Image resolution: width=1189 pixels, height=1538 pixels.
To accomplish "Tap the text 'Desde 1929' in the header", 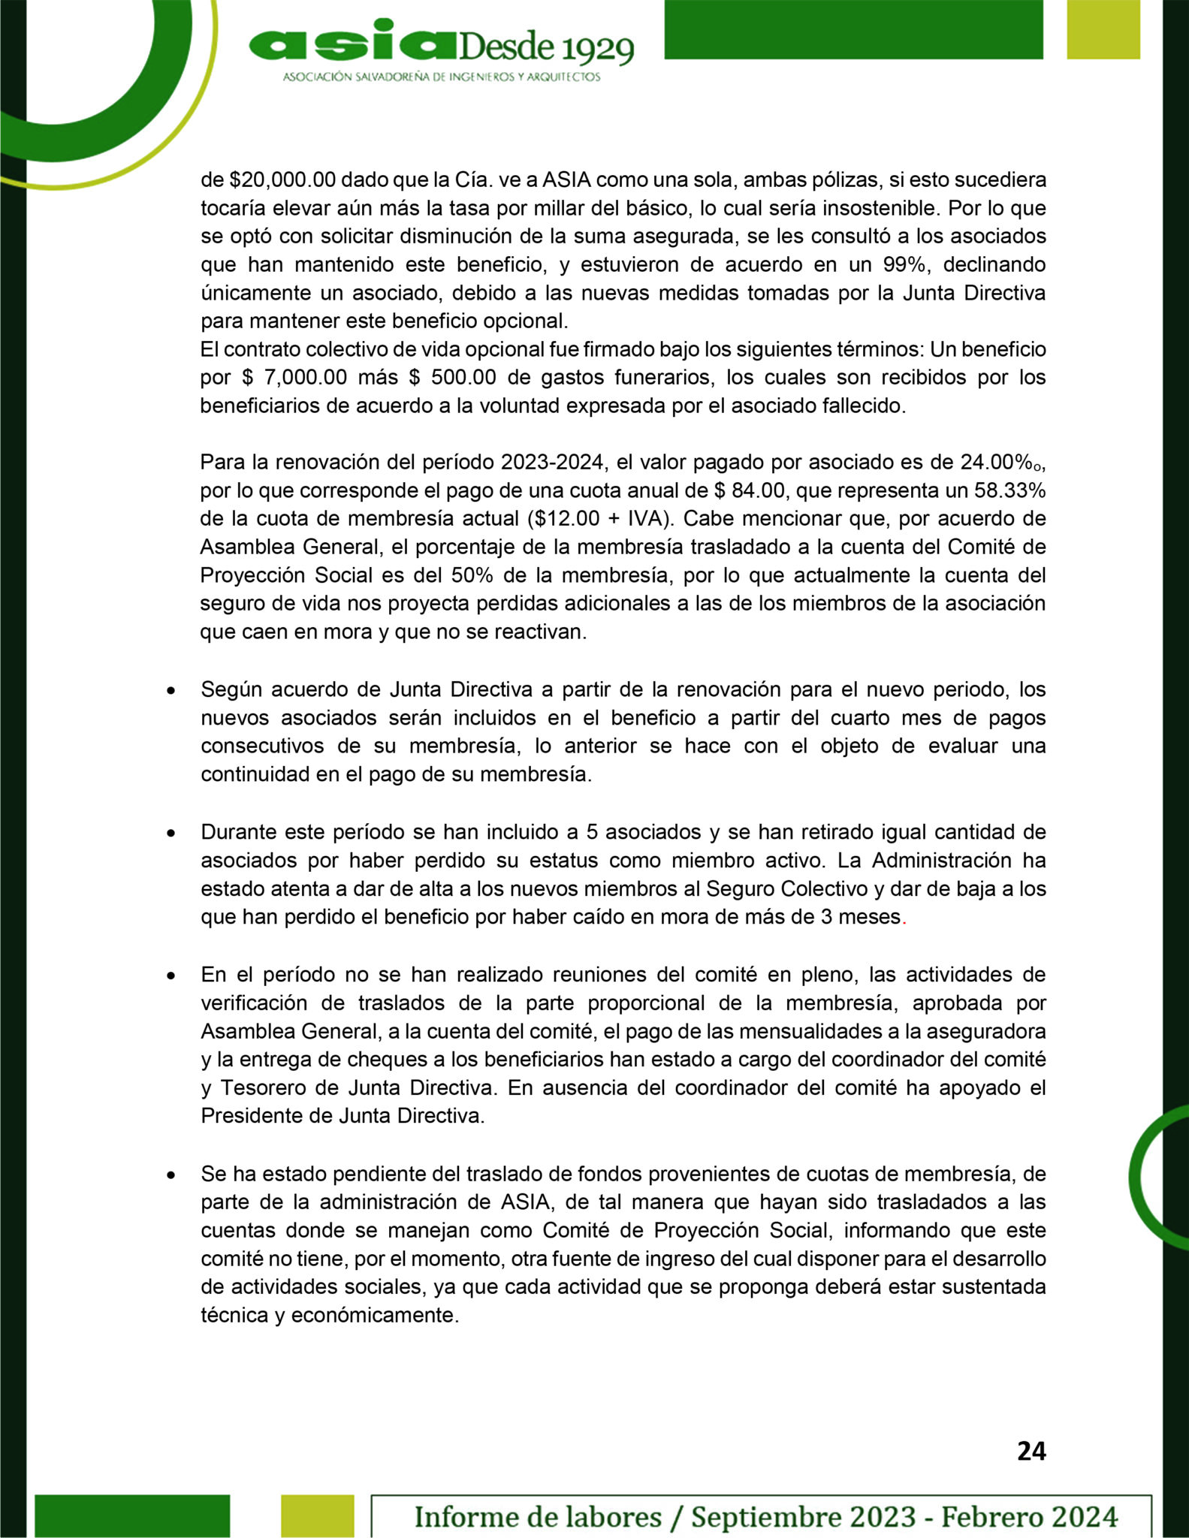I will point(545,49).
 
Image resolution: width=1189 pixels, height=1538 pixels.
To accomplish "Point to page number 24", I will point(1031,1452).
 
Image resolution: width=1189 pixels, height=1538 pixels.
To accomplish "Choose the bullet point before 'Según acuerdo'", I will point(172,691).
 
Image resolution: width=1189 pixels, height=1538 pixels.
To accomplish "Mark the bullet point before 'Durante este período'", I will point(172,834).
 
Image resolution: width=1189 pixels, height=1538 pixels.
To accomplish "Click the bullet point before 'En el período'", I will point(172,976).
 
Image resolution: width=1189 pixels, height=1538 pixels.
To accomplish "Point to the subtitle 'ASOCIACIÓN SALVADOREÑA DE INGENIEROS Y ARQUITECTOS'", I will point(442,77).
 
